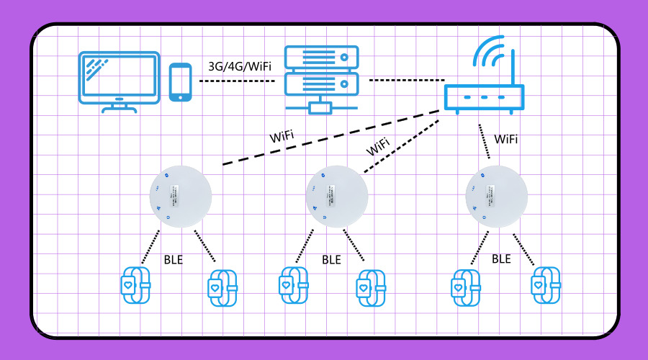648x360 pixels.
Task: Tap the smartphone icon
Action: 181,82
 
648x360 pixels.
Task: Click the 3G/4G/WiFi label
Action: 240,66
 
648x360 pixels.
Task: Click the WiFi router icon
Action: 484,97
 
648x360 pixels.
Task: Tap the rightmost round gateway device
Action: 496,197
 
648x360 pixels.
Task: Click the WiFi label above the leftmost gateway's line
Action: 282,136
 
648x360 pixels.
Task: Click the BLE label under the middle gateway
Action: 331,260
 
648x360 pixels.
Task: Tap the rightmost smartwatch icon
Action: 545,286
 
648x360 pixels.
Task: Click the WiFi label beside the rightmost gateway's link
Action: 506,139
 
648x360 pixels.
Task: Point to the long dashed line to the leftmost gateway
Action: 331,138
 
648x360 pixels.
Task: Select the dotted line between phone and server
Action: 238,81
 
